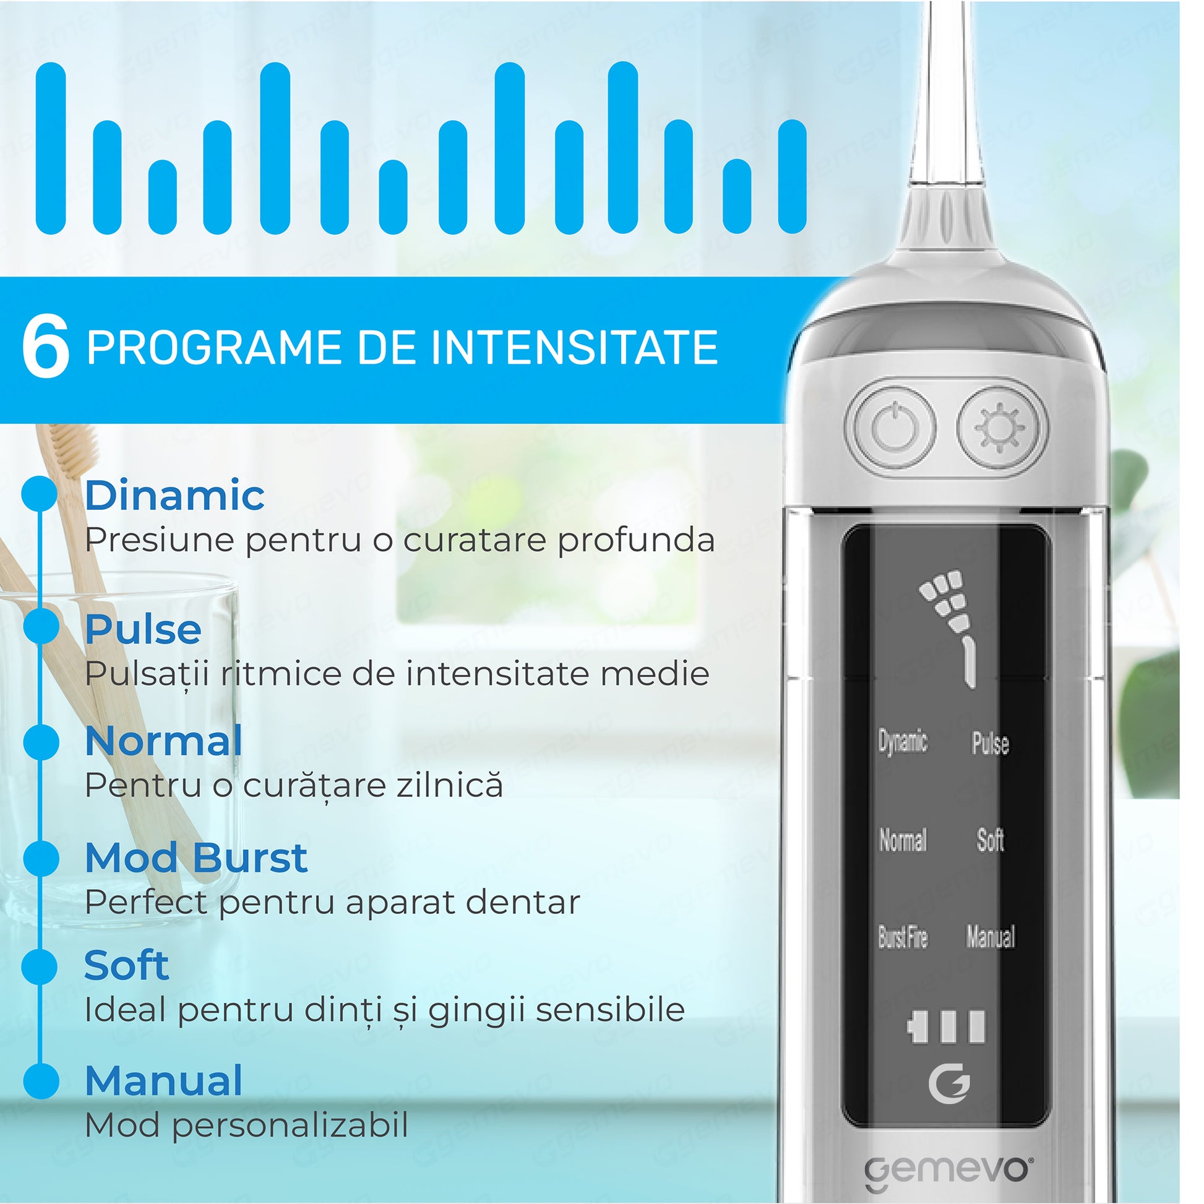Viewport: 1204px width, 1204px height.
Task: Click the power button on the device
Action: (894, 428)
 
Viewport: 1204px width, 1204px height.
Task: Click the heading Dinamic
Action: (174, 496)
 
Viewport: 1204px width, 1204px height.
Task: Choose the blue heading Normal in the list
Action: (163, 741)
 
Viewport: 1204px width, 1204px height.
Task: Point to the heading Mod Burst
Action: (196, 858)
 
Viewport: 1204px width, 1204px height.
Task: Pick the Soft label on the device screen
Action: (991, 840)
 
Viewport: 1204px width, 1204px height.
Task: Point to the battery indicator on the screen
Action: (946, 1027)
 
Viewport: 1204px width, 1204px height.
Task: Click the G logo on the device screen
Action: (949, 1085)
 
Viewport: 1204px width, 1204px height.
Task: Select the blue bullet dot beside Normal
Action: (41, 742)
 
